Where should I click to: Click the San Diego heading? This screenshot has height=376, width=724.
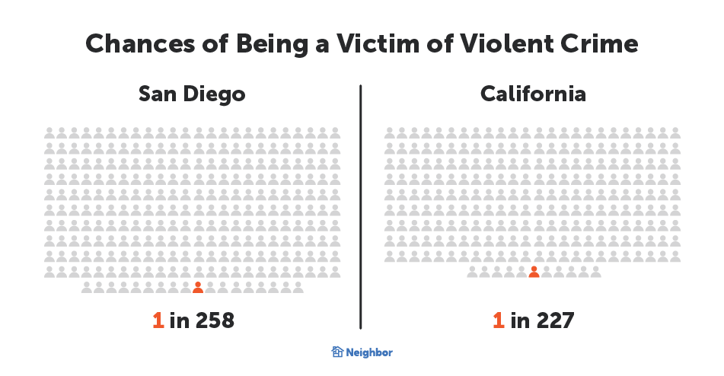tap(192, 94)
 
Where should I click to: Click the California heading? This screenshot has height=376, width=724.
tap(533, 94)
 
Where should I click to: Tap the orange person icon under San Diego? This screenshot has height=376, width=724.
tap(198, 288)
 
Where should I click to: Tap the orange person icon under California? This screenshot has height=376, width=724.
tap(534, 272)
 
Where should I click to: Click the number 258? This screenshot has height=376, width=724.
tap(215, 320)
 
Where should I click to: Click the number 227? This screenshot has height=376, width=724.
tap(553, 320)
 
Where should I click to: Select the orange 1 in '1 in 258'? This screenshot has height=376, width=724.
tap(158, 320)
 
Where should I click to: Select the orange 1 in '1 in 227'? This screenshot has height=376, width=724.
tap(499, 320)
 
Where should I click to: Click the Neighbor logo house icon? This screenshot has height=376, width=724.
tap(337, 352)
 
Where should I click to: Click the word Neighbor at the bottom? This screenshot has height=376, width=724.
tap(370, 352)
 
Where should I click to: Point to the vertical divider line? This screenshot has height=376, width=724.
tap(360, 206)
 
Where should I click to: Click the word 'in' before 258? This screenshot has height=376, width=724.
tap(180, 320)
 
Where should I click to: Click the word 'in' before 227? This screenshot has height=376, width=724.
tap(520, 320)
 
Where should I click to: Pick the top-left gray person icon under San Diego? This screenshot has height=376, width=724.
tap(49, 132)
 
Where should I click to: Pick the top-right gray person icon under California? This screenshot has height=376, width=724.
tap(675, 132)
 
